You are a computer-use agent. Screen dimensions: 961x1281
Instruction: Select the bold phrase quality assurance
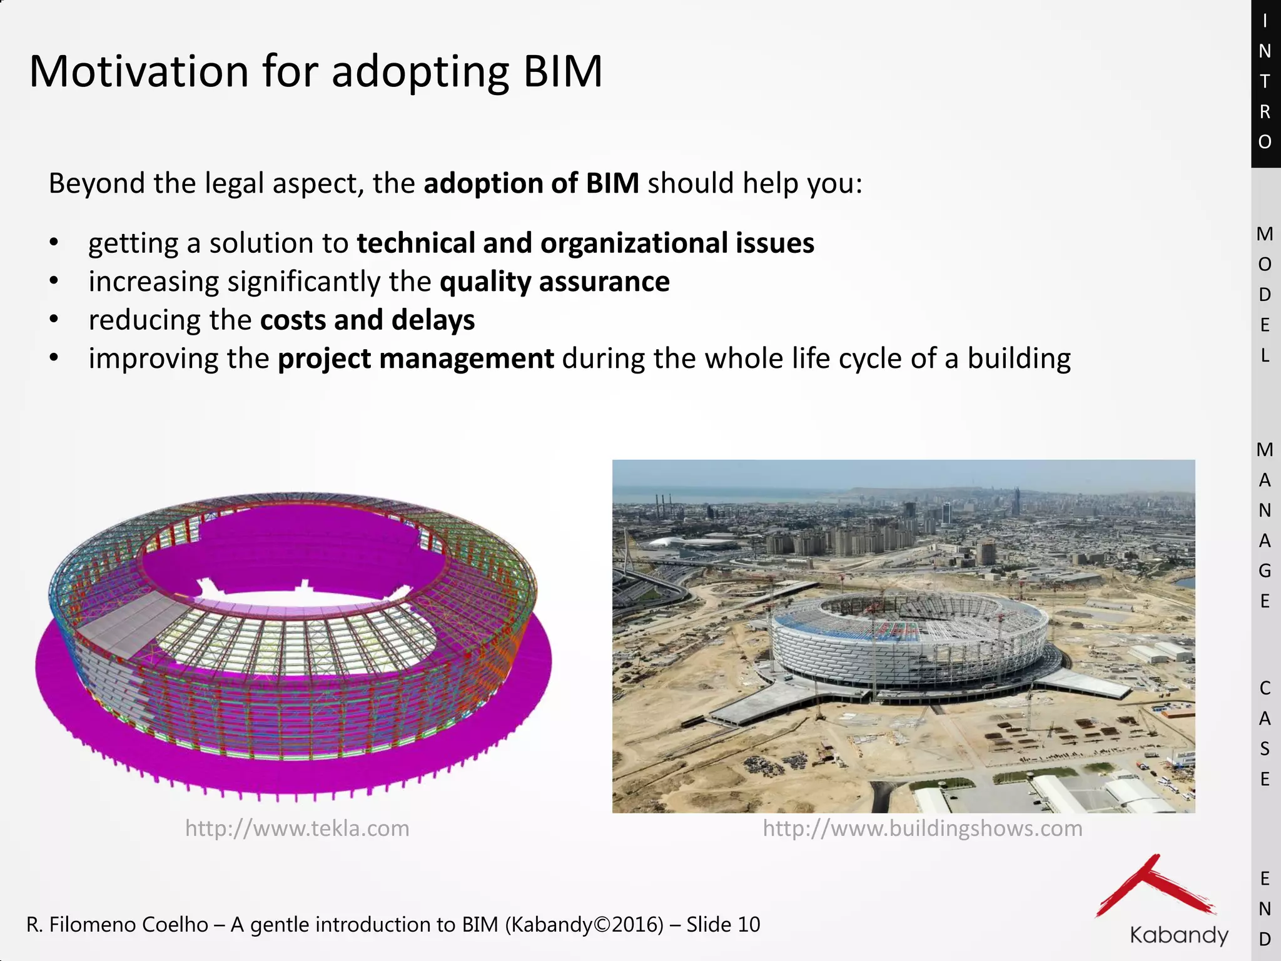tap(554, 282)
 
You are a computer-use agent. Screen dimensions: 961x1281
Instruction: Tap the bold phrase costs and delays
tap(367, 320)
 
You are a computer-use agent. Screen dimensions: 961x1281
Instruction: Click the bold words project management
tap(415, 358)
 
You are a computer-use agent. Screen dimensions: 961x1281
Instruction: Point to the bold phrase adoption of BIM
tap(531, 183)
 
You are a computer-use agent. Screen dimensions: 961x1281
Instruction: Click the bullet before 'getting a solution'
tap(54, 243)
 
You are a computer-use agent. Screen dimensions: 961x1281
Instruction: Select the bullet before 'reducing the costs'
tap(54, 320)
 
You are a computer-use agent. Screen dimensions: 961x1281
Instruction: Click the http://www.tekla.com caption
tap(297, 828)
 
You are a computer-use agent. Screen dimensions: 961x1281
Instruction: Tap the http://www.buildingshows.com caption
tap(922, 828)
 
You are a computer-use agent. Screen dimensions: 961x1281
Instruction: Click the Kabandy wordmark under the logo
tap(1178, 935)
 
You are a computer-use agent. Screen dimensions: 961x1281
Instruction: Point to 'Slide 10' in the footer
tap(722, 925)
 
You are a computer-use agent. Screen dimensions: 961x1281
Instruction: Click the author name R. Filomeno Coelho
tap(117, 925)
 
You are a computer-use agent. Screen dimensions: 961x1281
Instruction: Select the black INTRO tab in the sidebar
tap(1265, 81)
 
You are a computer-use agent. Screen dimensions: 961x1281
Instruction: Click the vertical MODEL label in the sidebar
tap(1265, 294)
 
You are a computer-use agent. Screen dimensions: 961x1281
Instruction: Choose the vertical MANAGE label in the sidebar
tap(1265, 526)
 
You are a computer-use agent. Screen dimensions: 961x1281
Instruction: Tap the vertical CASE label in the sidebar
tap(1265, 733)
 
